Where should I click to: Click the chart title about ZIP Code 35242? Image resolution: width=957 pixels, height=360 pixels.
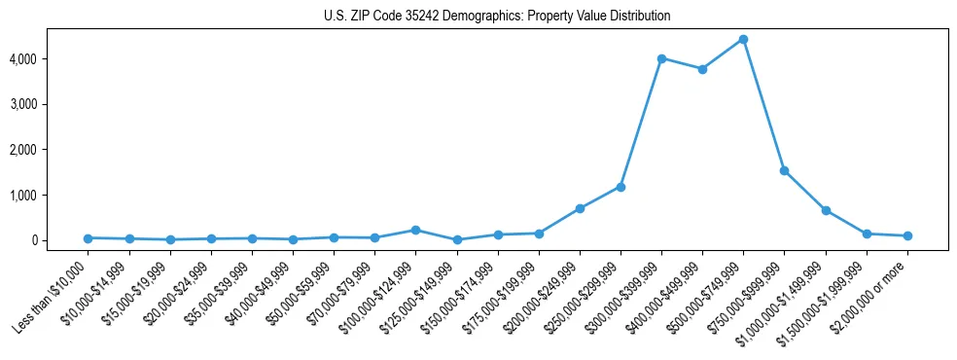pyautogui.click(x=497, y=17)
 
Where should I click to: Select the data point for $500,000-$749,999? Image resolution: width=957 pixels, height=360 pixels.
pyautogui.click(x=743, y=39)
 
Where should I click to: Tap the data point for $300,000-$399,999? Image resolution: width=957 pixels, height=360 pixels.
pyautogui.click(x=661, y=58)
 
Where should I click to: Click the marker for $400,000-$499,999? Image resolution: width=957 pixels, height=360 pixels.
pyautogui.click(x=702, y=69)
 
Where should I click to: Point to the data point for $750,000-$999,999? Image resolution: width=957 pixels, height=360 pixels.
pyautogui.click(x=784, y=170)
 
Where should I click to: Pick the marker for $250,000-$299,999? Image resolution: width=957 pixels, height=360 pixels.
pyautogui.click(x=620, y=187)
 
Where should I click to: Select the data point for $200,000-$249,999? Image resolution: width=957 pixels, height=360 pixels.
pyautogui.click(x=580, y=208)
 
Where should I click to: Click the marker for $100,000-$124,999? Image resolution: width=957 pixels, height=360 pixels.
pyautogui.click(x=415, y=230)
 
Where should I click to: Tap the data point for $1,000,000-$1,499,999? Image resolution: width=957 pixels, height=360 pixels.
pyautogui.click(x=826, y=210)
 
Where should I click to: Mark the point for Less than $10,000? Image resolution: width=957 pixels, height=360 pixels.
pyautogui.click(x=88, y=238)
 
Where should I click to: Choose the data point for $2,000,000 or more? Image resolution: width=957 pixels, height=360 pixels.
pyautogui.click(x=907, y=235)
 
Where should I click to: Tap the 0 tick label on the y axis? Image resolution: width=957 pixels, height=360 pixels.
pyautogui.click(x=59, y=240)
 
